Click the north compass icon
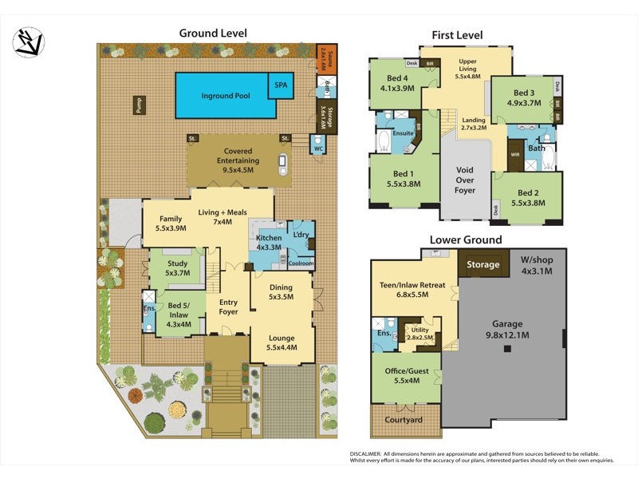[30, 41]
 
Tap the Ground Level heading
[212, 33]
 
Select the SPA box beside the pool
[281, 84]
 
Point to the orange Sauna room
[326, 58]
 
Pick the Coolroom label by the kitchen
[301, 263]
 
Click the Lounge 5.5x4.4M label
[281, 342]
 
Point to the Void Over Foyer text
[465, 180]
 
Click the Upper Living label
[467, 65]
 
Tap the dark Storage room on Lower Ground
[483, 264]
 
